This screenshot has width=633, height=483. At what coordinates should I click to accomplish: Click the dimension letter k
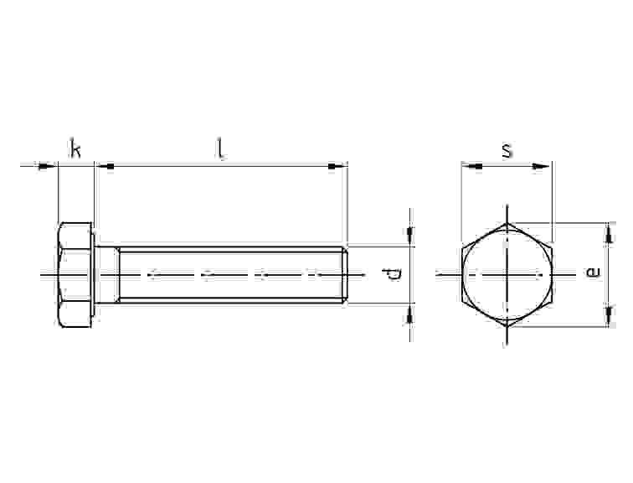coord(75,148)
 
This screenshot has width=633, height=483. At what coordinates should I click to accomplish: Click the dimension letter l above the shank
coord(220,149)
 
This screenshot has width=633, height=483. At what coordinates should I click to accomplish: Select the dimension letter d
coord(391,274)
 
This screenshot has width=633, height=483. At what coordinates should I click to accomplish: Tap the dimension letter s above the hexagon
coord(507,150)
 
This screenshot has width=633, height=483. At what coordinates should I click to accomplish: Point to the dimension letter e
coord(593,272)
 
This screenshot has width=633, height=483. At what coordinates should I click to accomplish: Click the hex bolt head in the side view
coord(75,274)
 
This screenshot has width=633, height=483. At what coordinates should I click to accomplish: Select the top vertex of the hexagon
coord(507,223)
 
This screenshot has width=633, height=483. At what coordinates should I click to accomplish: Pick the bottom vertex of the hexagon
coord(507,326)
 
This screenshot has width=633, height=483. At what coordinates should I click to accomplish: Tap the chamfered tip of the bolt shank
coord(345,274)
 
